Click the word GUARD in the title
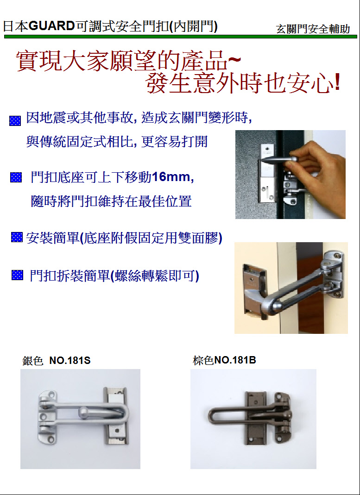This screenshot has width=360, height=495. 51,26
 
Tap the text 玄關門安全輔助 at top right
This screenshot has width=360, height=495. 313,29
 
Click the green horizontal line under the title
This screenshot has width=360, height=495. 180,37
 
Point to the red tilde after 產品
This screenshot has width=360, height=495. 234,59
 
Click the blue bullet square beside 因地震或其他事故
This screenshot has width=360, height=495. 15,121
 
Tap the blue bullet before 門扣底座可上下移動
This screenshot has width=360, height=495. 16,177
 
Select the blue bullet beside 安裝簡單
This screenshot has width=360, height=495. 17,237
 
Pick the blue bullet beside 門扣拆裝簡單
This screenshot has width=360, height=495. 17,275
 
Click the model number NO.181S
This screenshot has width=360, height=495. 70,361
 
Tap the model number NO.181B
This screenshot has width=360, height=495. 235,360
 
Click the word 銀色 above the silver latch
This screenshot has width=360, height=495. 32,361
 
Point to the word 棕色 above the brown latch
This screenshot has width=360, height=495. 203,360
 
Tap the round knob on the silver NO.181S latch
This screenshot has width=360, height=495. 84,411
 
